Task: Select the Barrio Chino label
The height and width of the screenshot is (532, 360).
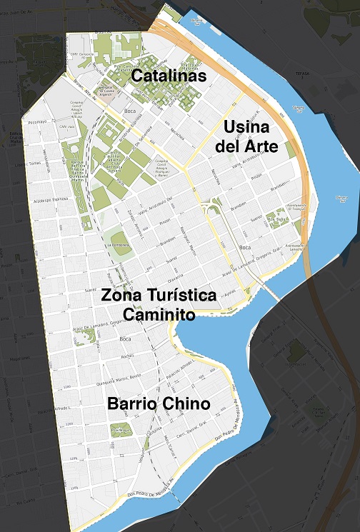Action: tap(159, 404)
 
